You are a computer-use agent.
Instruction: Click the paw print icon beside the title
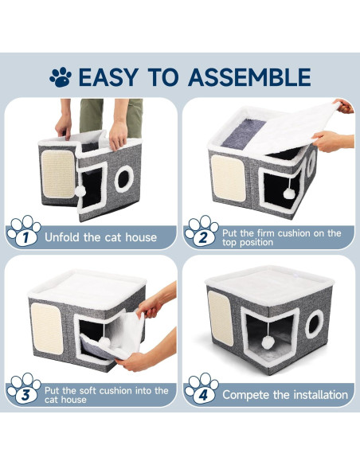(61, 77)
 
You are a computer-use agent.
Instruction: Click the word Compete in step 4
(245, 395)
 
